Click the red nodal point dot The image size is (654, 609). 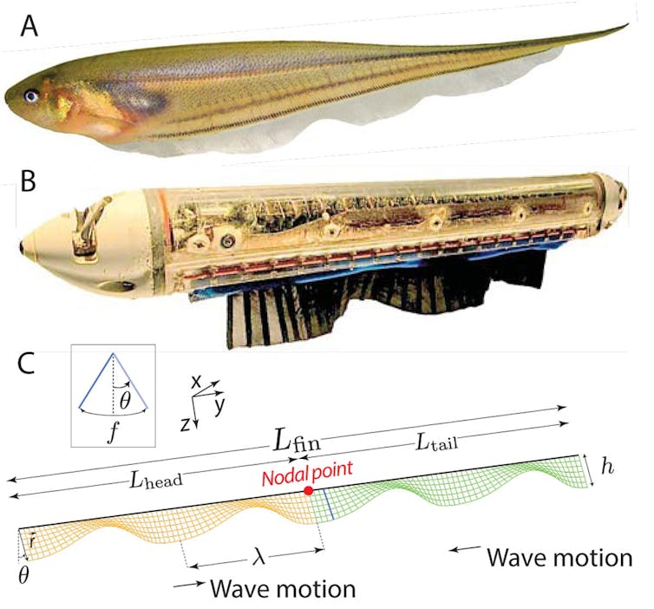(x=309, y=491)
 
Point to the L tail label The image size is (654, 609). (x=436, y=443)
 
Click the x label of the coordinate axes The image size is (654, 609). (x=197, y=382)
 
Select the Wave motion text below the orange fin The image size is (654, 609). (x=283, y=589)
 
